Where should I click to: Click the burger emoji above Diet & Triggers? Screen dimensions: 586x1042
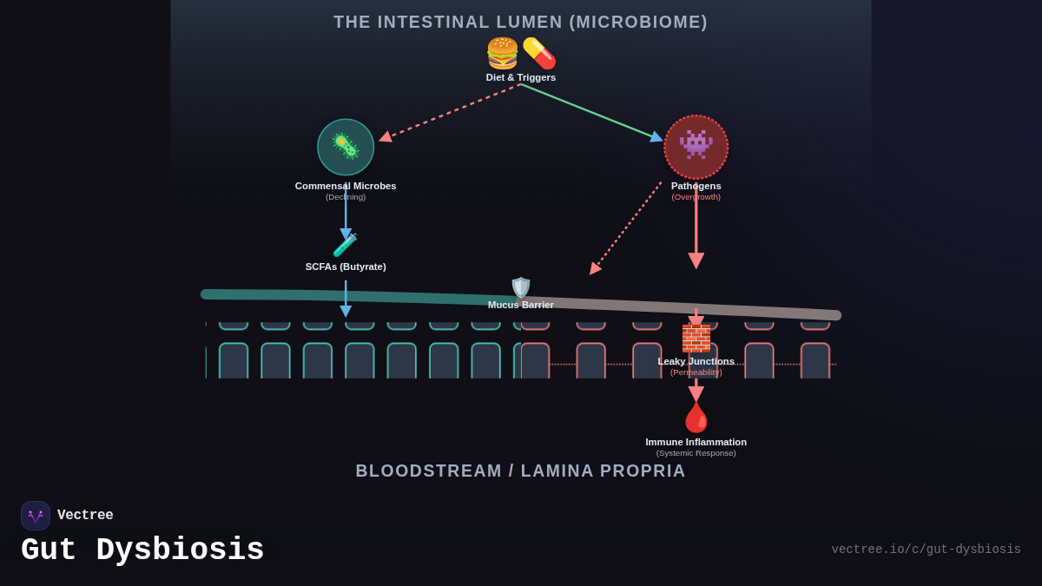tap(503, 54)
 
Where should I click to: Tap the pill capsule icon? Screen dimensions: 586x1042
tap(539, 54)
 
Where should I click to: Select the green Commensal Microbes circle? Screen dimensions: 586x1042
tap(346, 148)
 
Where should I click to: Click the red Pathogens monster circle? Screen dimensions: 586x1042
tap(696, 148)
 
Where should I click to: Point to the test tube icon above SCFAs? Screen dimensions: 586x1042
tap(346, 246)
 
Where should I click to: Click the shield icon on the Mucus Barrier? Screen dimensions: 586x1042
tap(521, 287)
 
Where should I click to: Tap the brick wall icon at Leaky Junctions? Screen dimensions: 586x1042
tap(696, 338)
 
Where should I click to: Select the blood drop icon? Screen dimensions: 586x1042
tap(696, 418)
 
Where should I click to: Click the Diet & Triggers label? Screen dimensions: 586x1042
tap(521, 77)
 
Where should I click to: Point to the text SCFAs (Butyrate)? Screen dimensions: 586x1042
tap(346, 267)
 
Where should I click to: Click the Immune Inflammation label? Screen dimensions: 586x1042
tap(696, 442)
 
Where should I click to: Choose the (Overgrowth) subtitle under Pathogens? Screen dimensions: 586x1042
tap(696, 197)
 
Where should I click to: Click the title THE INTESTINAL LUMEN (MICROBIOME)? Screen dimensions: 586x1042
tap(521, 22)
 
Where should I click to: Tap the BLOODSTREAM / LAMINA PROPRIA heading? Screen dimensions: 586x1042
tap(521, 471)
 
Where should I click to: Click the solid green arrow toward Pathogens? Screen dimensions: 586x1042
tap(590, 111)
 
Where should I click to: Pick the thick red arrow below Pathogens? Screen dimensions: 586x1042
tap(696, 230)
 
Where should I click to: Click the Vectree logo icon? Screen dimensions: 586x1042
tap(36, 516)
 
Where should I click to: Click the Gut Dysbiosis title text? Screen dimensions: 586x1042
tap(142, 550)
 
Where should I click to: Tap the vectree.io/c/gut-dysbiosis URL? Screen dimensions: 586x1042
tap(926, 550)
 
